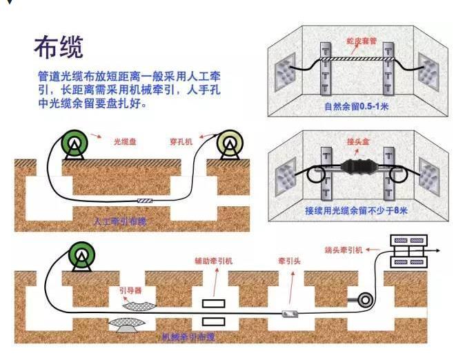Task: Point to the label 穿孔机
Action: tap(181, 141)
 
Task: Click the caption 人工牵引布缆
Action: tap(120, 221)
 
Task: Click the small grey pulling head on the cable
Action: tap(290, 314)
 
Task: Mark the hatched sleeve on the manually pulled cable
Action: tap(146, 201)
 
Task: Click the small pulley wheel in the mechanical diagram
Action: tap(359, 301)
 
